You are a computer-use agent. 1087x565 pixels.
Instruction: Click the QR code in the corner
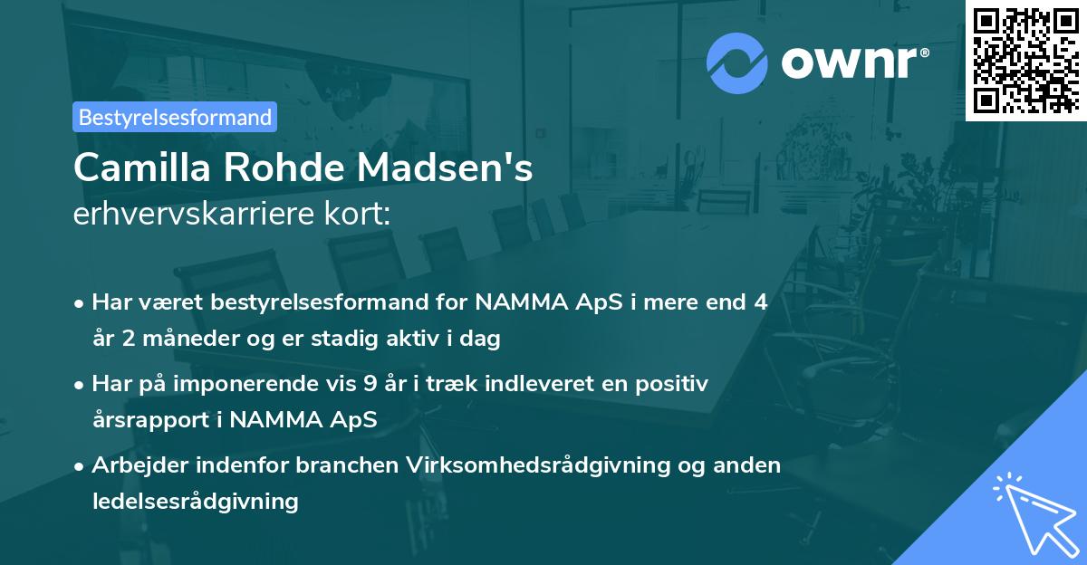pos(1025,60)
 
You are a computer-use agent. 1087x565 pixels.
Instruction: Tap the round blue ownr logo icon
pos(736,63)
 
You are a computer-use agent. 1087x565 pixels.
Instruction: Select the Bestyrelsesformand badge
pos(175,117)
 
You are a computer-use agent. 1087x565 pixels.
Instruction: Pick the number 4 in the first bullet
pos(761,302)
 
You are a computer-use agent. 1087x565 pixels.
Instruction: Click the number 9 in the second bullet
pos(370,384)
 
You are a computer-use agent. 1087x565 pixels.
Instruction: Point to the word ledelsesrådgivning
pos(195,501)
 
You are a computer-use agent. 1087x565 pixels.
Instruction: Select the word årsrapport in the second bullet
pos(146,419)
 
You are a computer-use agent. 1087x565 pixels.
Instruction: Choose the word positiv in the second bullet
pos(674,384)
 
